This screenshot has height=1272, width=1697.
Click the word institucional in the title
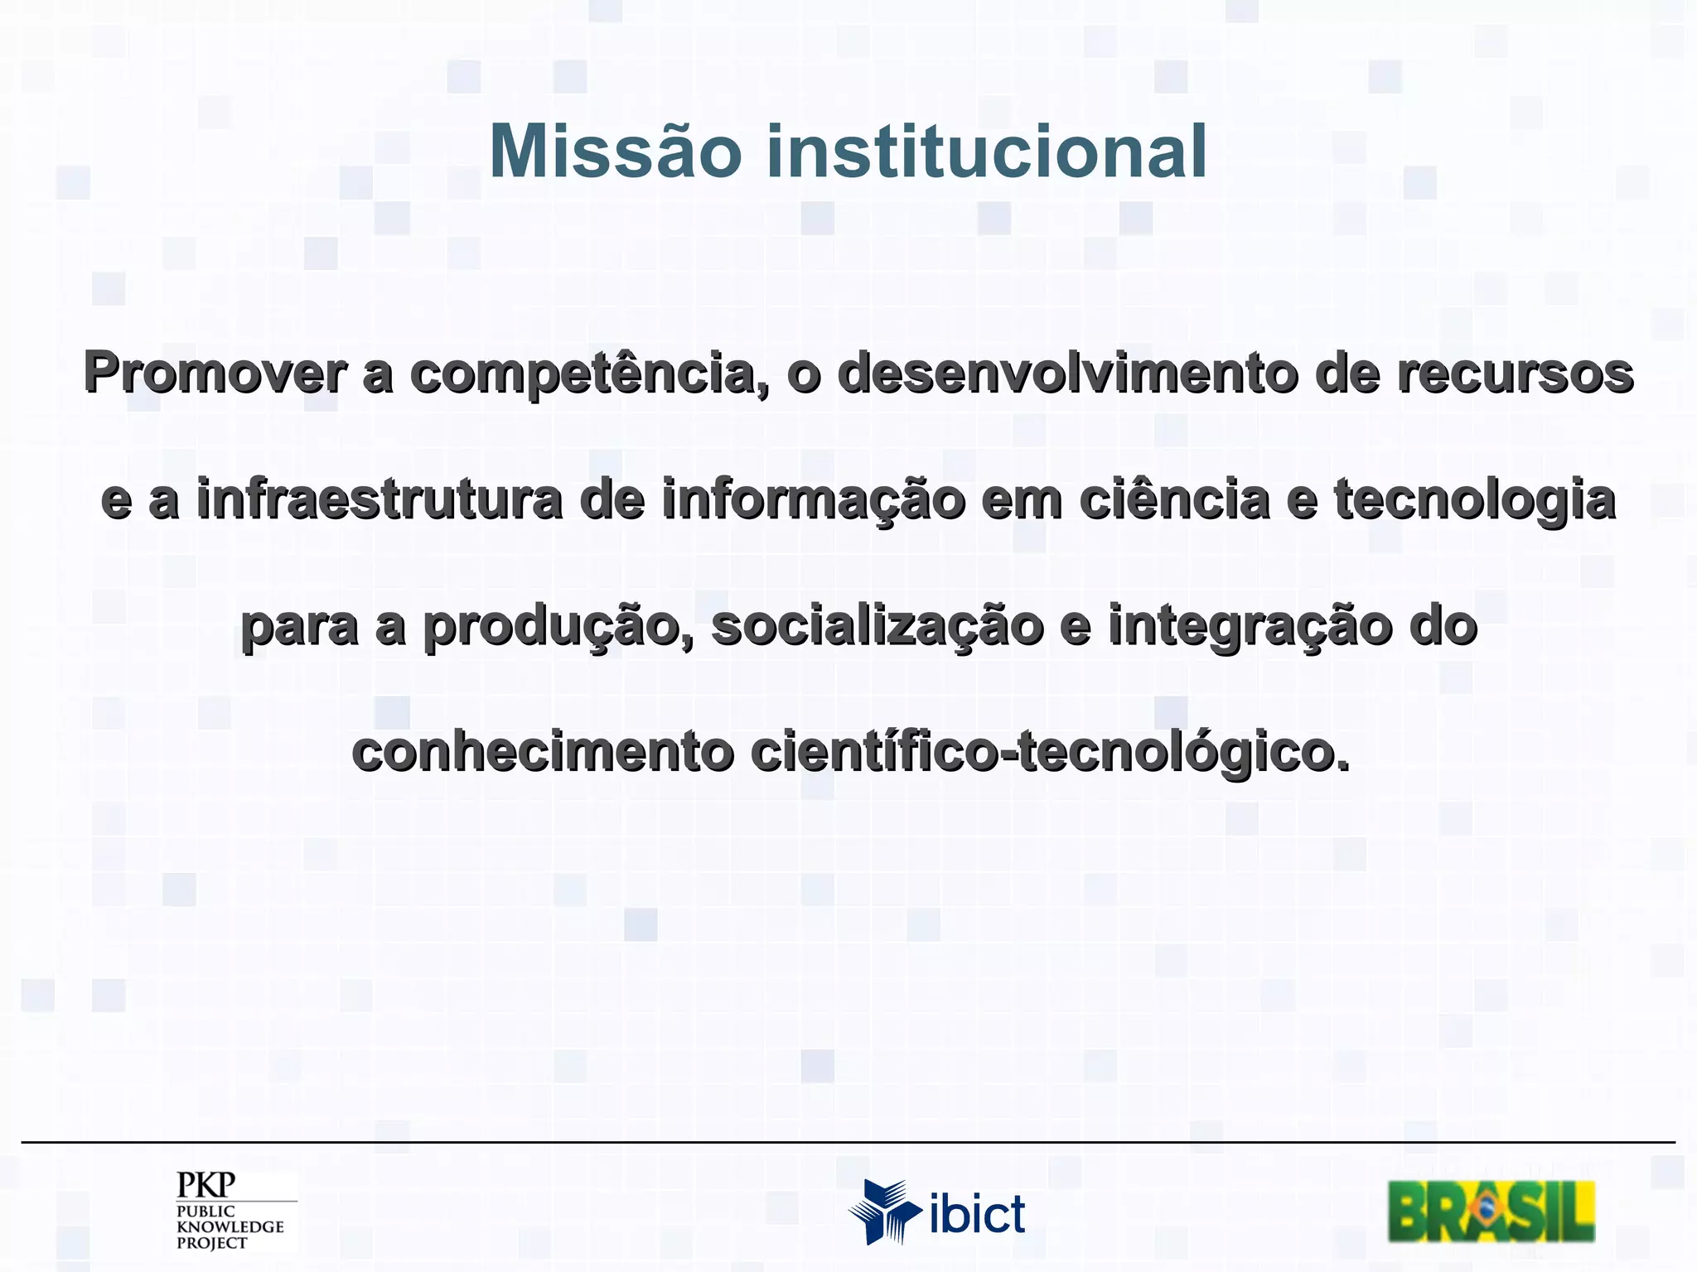pos(986,152)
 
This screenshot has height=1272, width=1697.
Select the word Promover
pos(214,373)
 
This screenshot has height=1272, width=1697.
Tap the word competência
pos(589,373)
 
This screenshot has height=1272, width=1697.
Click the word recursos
pos(1515,373)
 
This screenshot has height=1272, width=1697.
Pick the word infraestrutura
pos(380,500)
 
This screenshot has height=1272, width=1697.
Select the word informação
pos(814,502)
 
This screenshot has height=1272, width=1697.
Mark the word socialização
pos(878,627)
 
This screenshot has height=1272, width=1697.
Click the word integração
pos(1250,627)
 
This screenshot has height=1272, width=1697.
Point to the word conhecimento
pos(543,752)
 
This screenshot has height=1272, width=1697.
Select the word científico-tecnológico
pos(1050,754)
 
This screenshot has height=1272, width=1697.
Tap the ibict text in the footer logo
pos(977,1215)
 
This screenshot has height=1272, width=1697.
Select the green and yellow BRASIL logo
pos(1491,1211)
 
